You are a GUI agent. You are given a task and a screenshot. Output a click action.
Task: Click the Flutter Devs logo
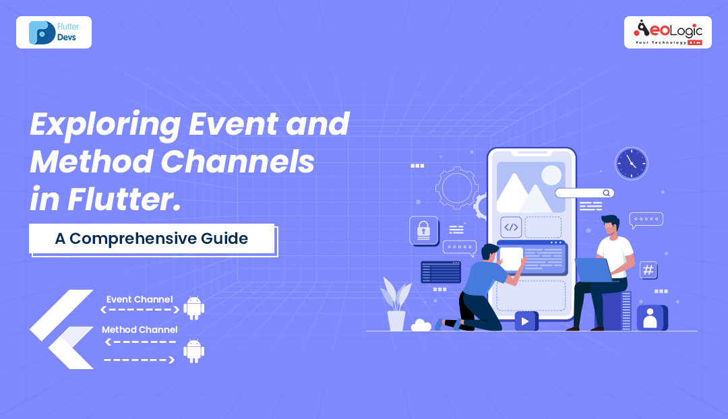(54, 32)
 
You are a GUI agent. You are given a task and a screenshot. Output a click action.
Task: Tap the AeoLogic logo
(667, 32)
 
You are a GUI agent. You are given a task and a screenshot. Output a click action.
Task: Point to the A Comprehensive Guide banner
(152, 238)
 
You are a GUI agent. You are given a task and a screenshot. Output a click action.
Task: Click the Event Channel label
(140, 299)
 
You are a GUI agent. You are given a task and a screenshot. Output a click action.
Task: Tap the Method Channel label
(140, 329)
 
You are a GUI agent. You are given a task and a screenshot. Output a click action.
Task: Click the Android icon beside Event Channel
(194, 307)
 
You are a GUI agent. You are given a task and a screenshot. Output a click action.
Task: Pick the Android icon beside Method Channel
(194, 351)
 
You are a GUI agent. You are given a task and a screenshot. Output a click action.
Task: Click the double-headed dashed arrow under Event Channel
(140, 310)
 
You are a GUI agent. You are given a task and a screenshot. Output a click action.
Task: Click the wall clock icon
(631, 164)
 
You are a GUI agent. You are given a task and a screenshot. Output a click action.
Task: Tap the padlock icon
(424, 229)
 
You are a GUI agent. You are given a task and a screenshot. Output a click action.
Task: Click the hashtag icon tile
(648, 270)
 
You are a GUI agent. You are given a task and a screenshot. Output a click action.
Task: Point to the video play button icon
(526, 321)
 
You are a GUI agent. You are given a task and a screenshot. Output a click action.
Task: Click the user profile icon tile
(651, 317)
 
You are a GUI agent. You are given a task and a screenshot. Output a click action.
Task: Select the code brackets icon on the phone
(511, 227)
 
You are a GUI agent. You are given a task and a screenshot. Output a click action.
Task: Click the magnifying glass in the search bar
(607, 193)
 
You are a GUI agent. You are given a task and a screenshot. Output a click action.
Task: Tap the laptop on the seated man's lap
(593, 270)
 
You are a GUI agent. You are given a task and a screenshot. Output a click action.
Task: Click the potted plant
(396, 304)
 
